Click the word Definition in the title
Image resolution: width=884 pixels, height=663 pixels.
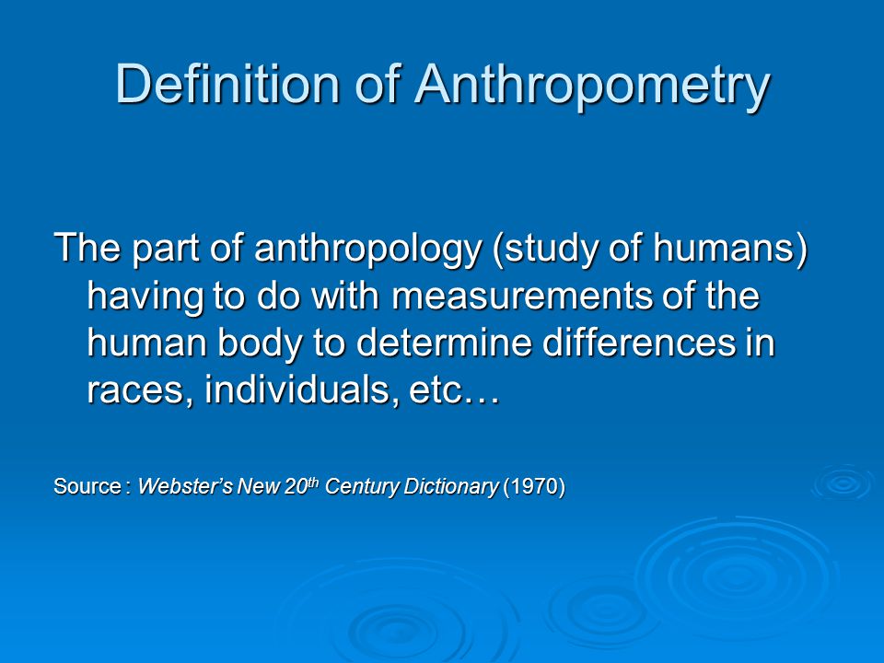pos(227,84)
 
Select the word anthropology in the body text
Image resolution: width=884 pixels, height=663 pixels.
pos(367,250)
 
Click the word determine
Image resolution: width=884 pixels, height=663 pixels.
pos(444,343)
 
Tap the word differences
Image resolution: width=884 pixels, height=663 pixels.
pos(638,343)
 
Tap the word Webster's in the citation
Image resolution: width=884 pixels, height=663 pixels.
pos(185,486)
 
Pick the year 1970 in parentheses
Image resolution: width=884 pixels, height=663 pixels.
pos(533,486)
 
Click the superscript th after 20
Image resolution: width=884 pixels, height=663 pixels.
pos(313,482)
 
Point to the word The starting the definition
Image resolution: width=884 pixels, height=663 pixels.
pos(87,248)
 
